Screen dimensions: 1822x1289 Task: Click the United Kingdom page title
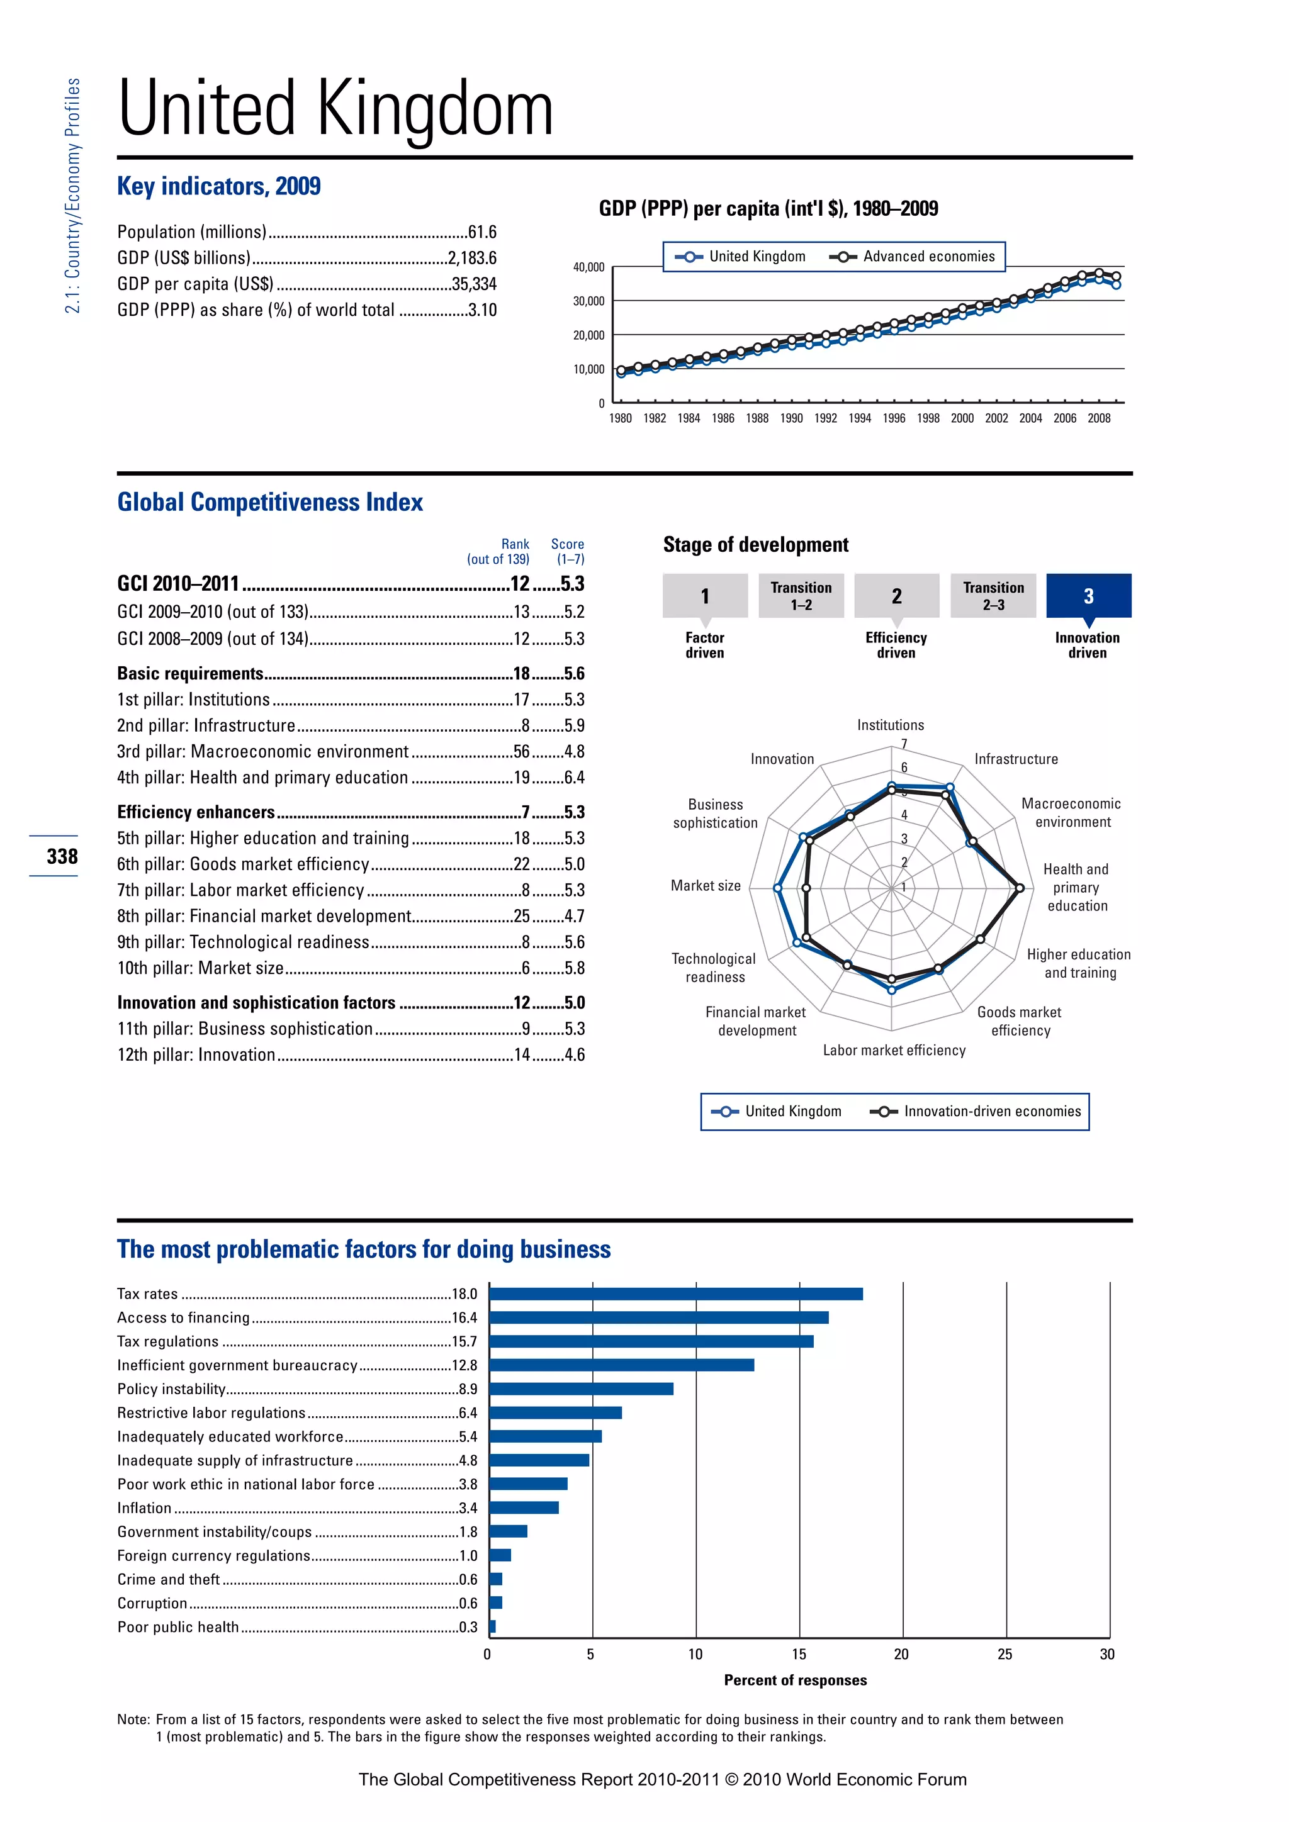(x=335, y=109)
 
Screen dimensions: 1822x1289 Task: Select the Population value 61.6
(x=481, y=232)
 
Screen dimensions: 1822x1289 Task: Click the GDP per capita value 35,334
(x=474, y=284)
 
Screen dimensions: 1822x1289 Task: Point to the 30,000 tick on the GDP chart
(x=588, y=301)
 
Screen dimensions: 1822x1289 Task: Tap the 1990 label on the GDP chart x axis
(x=791, y=418)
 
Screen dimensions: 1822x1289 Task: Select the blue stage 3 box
(x=1088, y=596)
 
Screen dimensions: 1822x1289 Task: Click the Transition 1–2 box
(x=801, y=596)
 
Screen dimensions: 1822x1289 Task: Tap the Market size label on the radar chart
(x=705, y=886)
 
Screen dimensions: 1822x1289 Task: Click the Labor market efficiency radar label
(x=894, y=1051)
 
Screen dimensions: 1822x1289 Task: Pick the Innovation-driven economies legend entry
(x=976, y=1112)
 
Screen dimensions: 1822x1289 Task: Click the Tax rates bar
(x=675, y=1294)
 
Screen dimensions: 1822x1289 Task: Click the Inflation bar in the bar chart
(x=524, y=1508)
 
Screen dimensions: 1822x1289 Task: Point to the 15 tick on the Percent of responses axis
(x=799, y=1655)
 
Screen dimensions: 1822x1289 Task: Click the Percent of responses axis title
(x=796, y=1680)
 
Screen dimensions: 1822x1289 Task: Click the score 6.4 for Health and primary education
(x=574, y=778)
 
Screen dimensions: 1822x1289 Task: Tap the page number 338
(x=62, y=856)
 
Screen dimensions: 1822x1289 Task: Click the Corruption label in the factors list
(x=152, y=1603)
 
